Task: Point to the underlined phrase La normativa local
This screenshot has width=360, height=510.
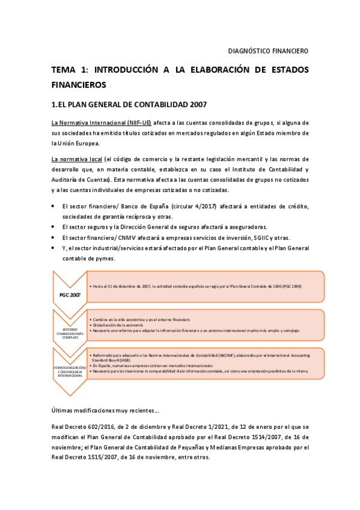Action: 76,159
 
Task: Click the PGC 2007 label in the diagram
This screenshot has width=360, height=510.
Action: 70,295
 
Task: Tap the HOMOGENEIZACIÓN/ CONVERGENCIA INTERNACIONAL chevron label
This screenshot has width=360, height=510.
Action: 70,370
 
